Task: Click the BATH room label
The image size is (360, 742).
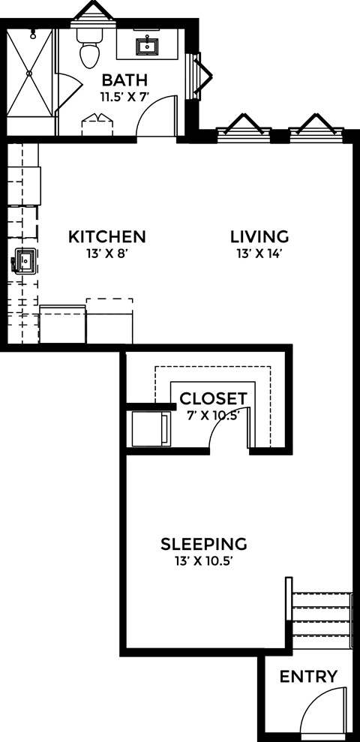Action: [x=124, y=80]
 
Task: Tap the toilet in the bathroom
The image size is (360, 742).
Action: [x=90, y=50]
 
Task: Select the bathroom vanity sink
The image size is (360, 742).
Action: [x=147, y=47]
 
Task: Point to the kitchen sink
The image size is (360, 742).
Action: [x=22, y=263]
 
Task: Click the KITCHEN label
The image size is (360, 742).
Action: [x=107, y=237]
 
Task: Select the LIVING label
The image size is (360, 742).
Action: [x=259, y=237]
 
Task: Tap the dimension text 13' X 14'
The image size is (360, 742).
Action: [x=259, y=254]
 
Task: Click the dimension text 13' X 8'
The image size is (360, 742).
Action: [x=107, y=254]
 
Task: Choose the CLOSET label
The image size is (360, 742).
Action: [x=213, y=398]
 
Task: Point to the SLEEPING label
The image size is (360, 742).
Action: [x=205, y=543]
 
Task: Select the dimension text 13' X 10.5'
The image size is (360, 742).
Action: [x=205, y=560]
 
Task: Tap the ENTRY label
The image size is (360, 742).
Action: [x=308, y=677]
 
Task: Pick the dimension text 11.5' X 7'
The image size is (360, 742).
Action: [x=124, y=97]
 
